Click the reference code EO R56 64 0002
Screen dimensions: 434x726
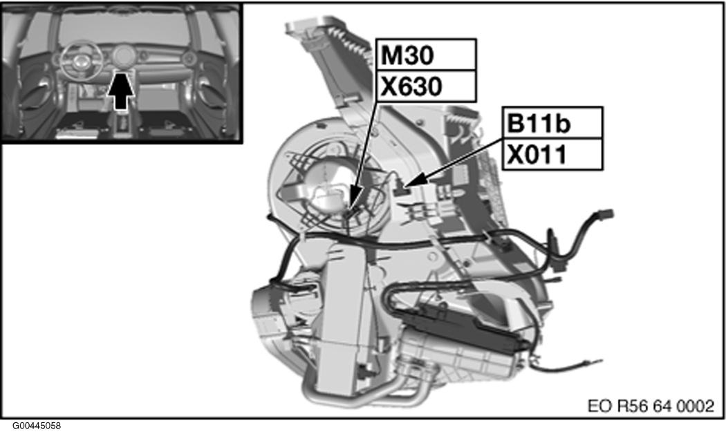[650, 406]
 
